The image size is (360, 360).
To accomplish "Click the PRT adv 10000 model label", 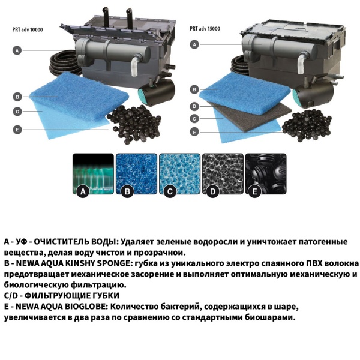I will tap(28, 28).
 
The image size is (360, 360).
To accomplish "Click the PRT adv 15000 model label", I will tap(205, 28).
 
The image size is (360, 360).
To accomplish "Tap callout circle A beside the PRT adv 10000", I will tap(18, 51).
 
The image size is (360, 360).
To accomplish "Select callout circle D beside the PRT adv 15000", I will tap(195, 106).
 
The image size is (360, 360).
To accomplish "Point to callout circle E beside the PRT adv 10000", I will tap(18, 128).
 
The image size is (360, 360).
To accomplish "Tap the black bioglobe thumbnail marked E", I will tap(264, 175).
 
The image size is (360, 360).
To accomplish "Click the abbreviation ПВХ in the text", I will tap(298, 263).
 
